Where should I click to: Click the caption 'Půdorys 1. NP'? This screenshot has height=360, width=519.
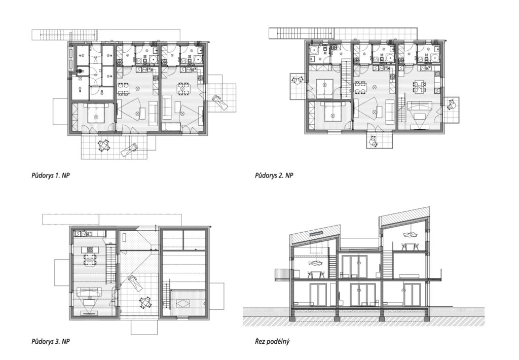click(x=51, y=175)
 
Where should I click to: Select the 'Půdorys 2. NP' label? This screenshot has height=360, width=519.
click(x=274, y=175)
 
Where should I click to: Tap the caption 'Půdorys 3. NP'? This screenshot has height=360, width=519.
click(x=51, y=341)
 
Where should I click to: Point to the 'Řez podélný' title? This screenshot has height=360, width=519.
click(x=272, y=341)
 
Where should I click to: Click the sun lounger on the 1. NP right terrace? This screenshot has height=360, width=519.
click(x=220, y=102)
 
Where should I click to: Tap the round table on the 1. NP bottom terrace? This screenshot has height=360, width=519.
click(x=104, y=145)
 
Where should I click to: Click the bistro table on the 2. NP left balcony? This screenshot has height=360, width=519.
click(x=297, y=81)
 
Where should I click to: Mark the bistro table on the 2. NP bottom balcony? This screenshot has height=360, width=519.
click(x=373, y=141)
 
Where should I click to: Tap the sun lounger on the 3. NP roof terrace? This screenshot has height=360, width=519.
click(x=135, y=282)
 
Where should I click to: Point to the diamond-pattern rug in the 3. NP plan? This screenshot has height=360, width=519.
click(x=183, y=303)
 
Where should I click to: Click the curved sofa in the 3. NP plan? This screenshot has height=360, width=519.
click(x=89, y=293)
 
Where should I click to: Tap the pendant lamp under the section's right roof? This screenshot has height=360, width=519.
click(x=411, y=234)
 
